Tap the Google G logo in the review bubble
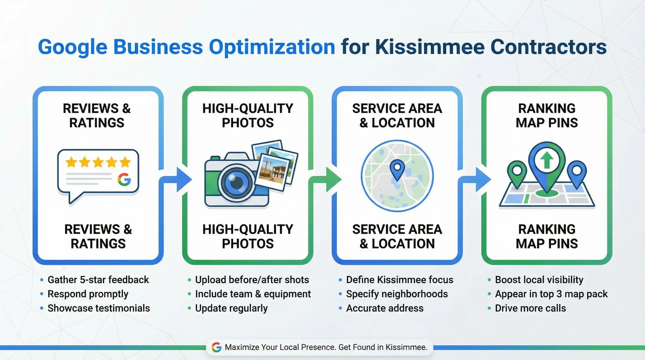(124, 180)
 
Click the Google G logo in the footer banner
(217, 347)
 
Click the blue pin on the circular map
(397, 169)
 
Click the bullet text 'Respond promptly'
(88, 294)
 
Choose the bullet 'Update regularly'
(231, 308)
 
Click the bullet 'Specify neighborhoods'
(397, 294)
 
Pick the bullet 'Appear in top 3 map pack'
(551, 294)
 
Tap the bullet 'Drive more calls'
(530, 308)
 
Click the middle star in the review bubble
(98, 162)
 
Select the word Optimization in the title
(272, 47)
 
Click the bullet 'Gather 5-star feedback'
(98, 280)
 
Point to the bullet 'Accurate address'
(385, 308)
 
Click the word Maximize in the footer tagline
(242, 347)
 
